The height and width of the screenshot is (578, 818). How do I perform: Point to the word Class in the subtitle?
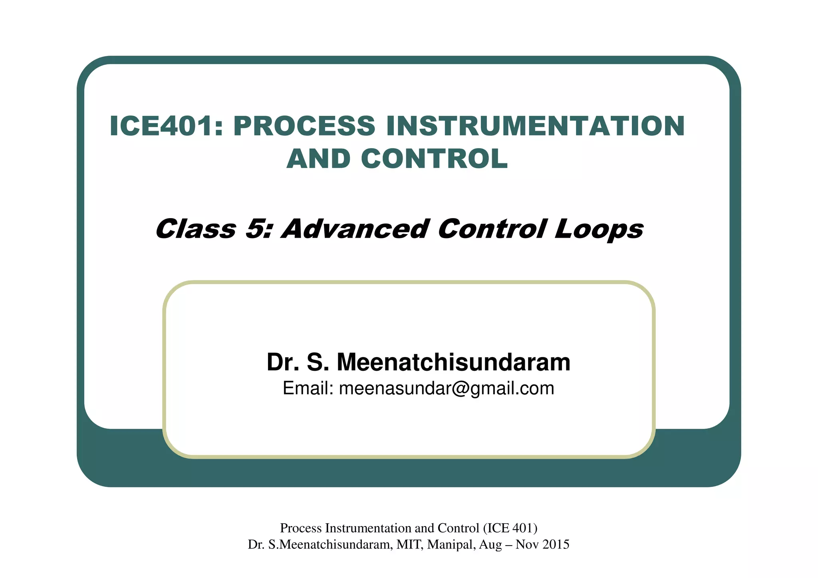[x=196, y=229]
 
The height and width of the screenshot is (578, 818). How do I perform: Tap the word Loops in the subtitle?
[x=599, y=230]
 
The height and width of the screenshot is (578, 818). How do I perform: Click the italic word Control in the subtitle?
[x=491, y=229]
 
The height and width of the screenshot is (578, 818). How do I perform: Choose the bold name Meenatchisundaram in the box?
[x=453, y=362]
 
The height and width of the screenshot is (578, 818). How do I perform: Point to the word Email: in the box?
[x=308, y=388]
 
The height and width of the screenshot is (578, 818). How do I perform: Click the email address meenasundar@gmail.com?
[x=447, y=389]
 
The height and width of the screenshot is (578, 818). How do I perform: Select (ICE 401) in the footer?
[x=510, y=528]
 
